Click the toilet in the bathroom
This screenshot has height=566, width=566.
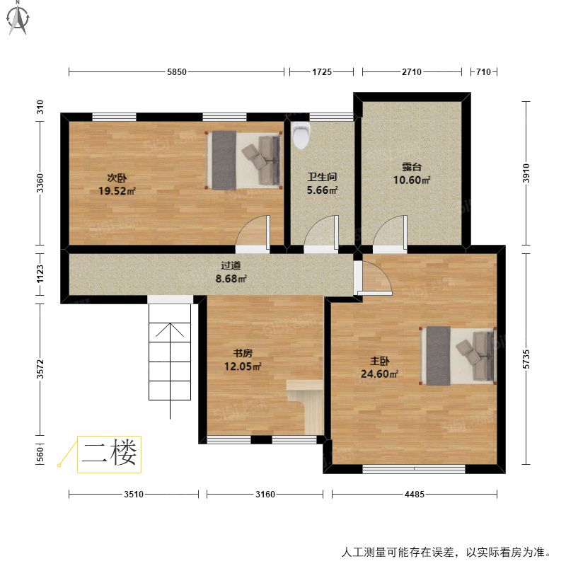[301, 135]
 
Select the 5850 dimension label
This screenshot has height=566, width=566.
[177, 72]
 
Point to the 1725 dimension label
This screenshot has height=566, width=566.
[322, 72]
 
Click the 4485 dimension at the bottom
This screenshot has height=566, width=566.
[414, 494]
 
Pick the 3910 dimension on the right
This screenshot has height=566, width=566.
[526, 173]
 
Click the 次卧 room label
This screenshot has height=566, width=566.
[117, 178]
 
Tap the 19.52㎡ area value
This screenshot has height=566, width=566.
[117, 191]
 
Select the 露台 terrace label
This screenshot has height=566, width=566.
[412, 167]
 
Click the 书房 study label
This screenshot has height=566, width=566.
[243, 353]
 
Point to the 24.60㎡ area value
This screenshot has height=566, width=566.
[379, 374]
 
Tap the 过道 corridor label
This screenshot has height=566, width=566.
[231, 265]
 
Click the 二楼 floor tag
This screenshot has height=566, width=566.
[109, 454]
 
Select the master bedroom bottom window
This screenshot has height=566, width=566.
[414, 469]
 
